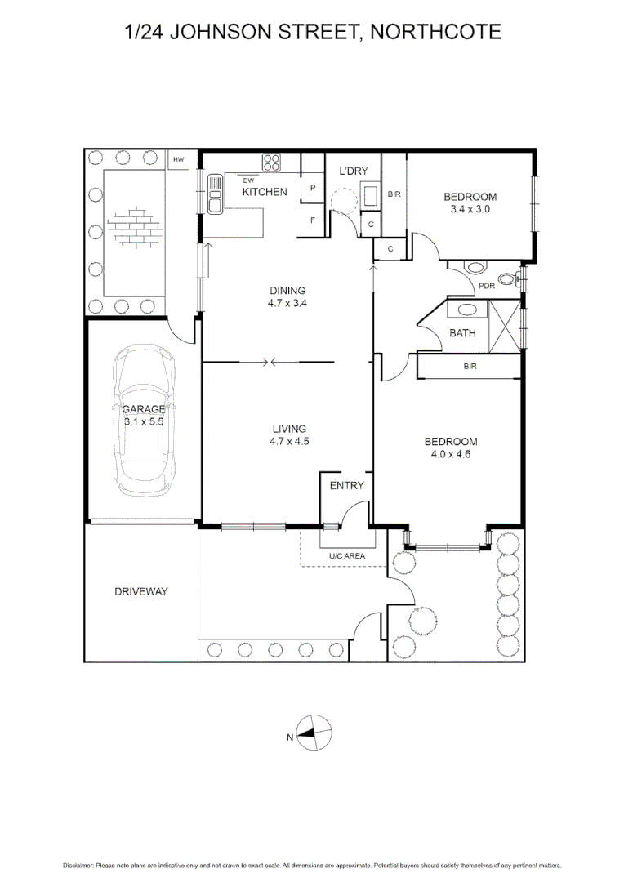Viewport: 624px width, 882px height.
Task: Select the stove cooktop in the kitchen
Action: (x=272, y=162)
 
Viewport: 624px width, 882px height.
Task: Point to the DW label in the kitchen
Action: (x=249, y=180)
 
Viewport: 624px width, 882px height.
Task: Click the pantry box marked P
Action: (x=313, y=187)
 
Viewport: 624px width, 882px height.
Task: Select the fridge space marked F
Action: (x=313, y=220)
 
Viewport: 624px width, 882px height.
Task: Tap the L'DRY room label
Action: (x=354, y=171)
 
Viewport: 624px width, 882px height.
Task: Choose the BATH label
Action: (x=463, y=332)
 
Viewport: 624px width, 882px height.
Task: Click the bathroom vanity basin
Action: (x=467, y=310)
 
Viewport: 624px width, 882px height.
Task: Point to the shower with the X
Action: (x=506, y=325)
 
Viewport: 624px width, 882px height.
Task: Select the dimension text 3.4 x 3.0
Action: (x=470, y=208)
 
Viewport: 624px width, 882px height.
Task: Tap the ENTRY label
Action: (x=346, y=485)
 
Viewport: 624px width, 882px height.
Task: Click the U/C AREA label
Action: (x=347, y=556)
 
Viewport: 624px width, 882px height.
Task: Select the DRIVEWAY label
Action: (x=140, y=591)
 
